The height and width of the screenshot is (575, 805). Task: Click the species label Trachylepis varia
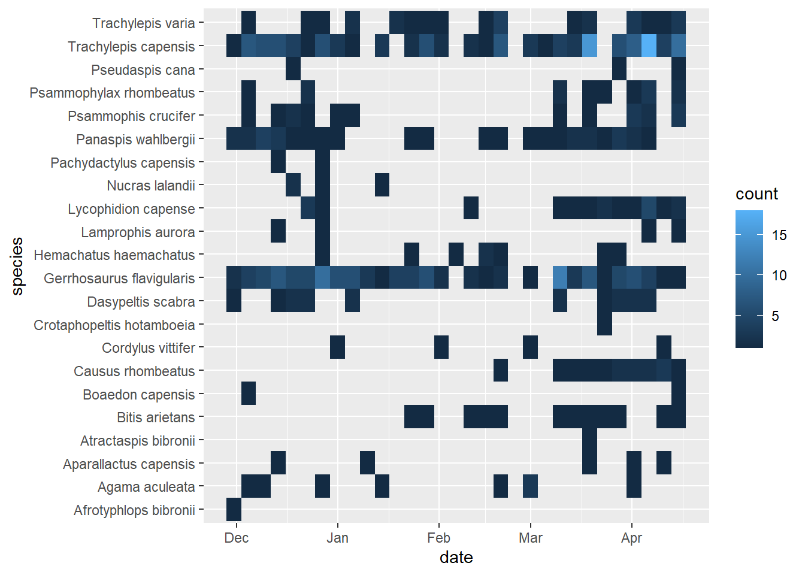[x=143, y=23]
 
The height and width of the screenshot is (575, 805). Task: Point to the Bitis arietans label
[x=156, y=417]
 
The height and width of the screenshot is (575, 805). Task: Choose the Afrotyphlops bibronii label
[x=134, y=510]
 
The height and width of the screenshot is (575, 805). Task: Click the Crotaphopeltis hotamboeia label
[x=114, y=325]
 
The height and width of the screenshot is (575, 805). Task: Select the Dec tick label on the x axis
[x=236, y=538]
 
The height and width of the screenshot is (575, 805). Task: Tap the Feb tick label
[x=438, y=538]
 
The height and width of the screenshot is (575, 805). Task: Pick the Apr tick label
[x=631, y=538]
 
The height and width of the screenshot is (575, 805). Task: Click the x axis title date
[x=456, y=558]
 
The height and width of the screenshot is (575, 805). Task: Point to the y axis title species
[x=17, y=266]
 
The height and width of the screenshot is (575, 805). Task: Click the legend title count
[x=756, y=194]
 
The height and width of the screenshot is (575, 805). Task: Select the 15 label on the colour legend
[x=779, y=235]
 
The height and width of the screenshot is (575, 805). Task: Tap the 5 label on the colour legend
[x=776, y=316]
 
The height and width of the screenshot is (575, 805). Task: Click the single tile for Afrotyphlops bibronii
[x=234, y=510]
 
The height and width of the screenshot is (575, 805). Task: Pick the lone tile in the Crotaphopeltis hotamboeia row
[x=604, y=325]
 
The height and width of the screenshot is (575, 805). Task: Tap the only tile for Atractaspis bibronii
[x=589, y=441]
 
